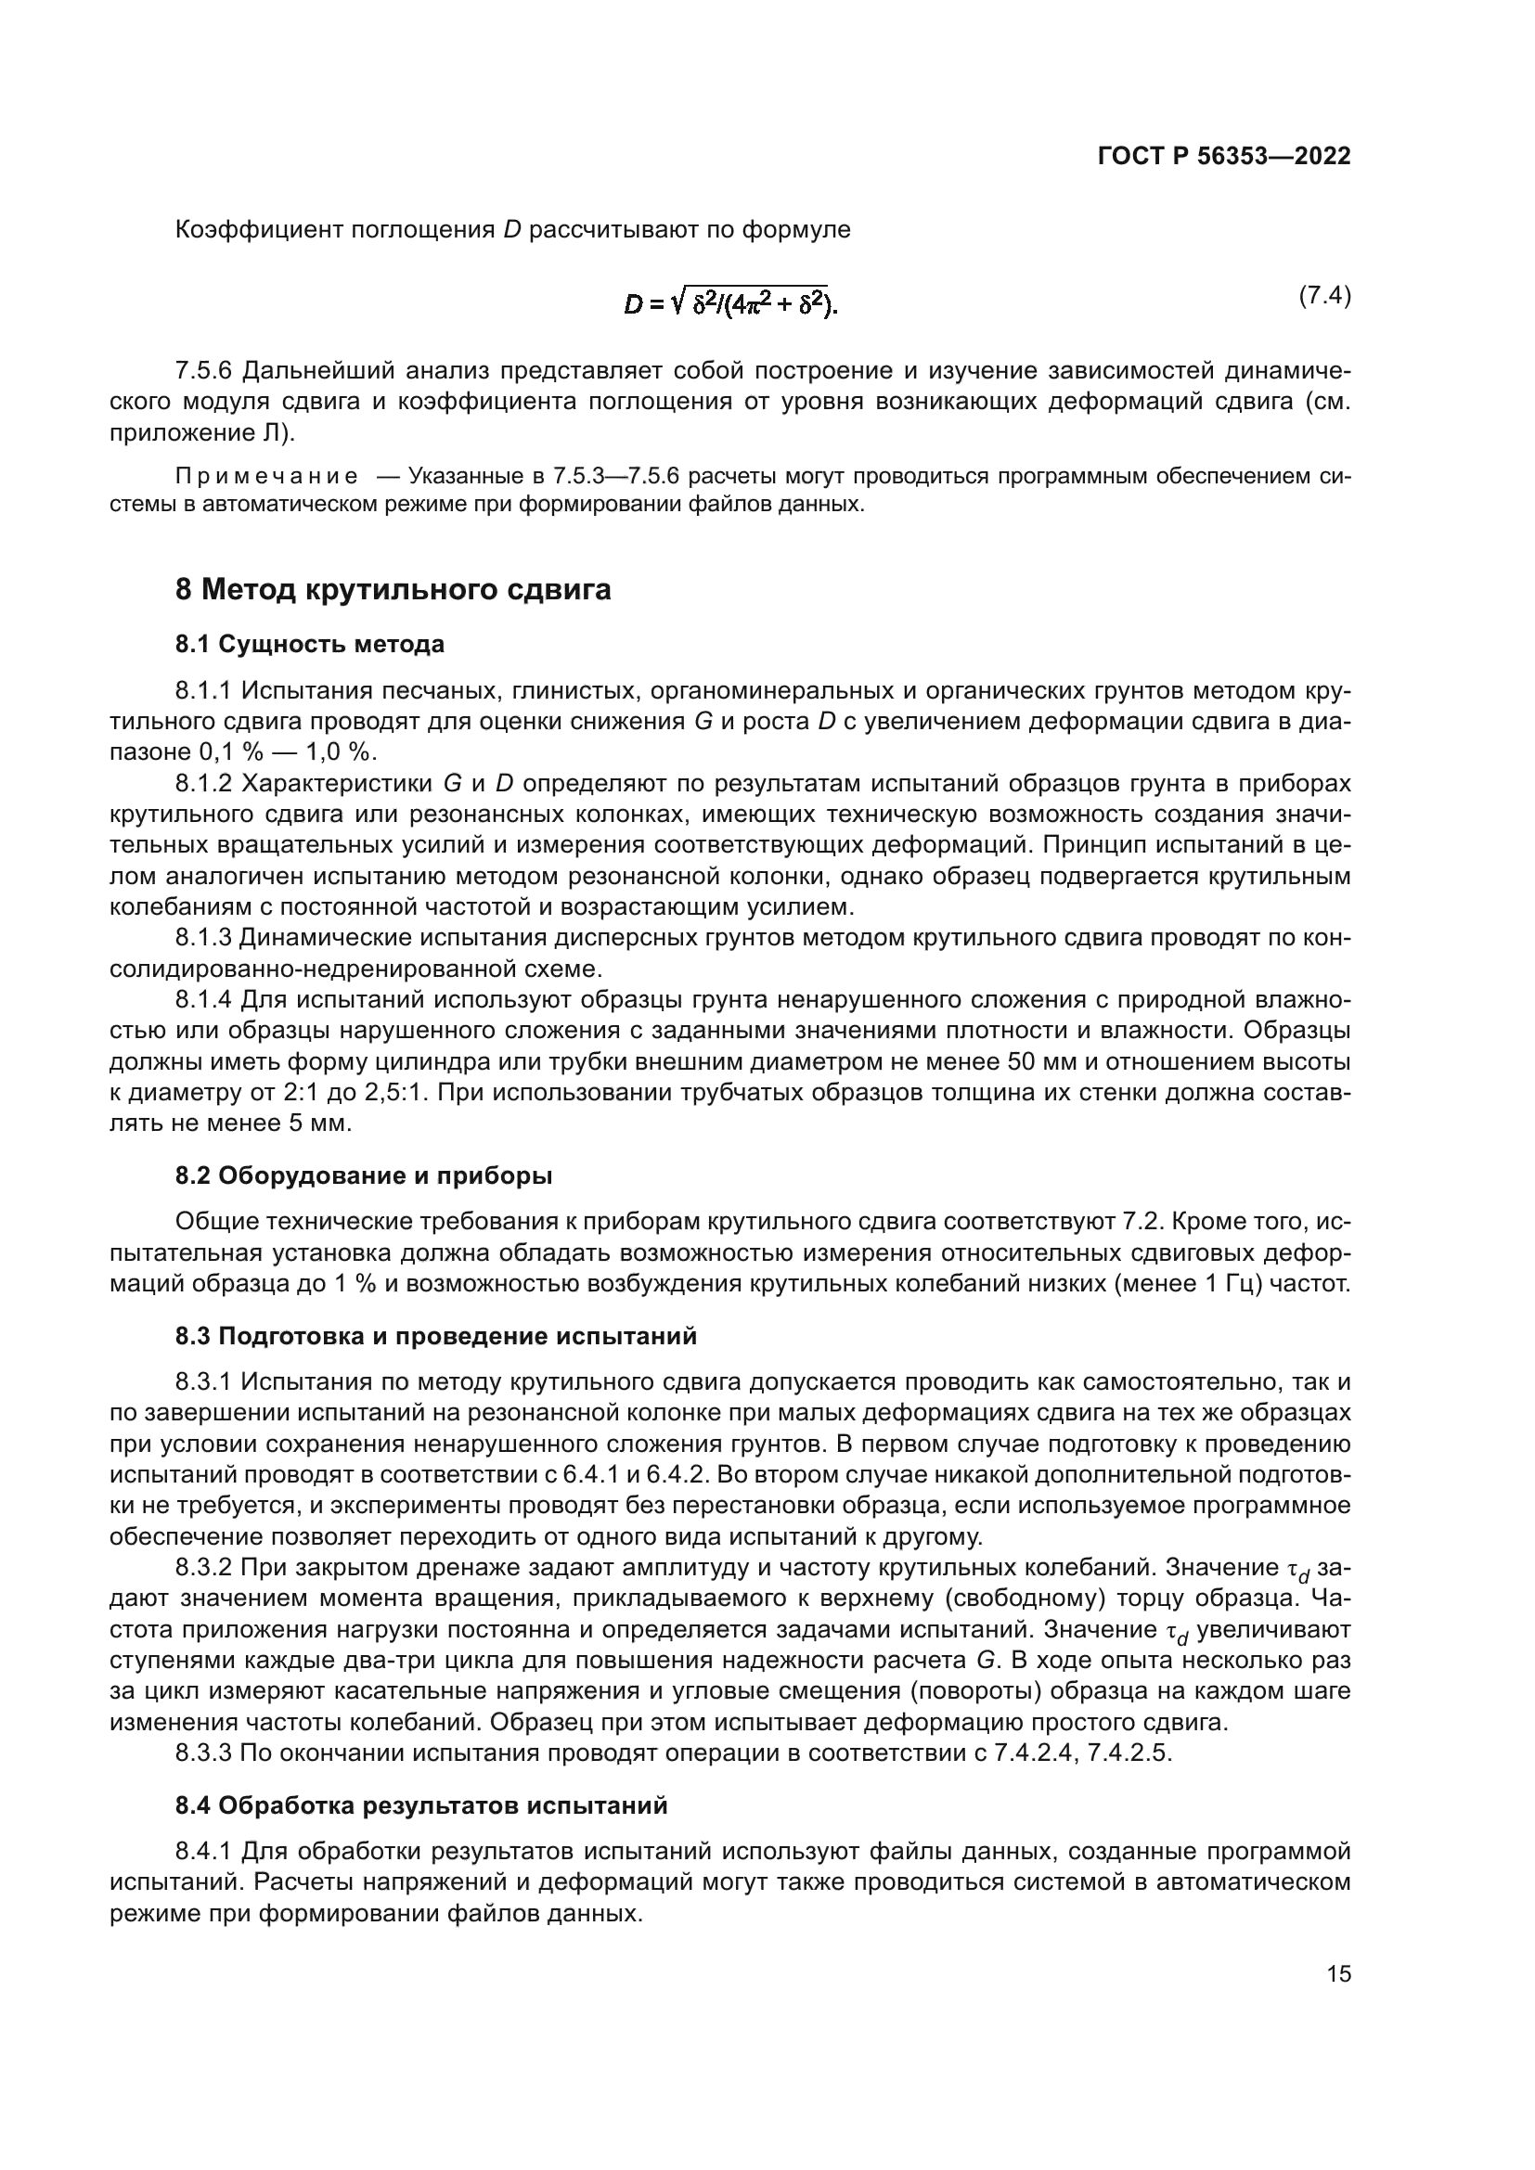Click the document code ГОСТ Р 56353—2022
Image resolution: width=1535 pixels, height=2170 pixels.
point(1223,157)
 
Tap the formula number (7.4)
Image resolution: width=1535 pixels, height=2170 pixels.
point(1323,296)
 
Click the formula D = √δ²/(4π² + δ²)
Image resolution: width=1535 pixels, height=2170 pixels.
point(730,303)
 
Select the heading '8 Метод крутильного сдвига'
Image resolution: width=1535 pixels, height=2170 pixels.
point(393,590)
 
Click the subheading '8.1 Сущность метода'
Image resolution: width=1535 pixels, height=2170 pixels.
point(309,645)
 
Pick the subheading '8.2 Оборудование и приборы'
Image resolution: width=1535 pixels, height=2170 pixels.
point(363,1175)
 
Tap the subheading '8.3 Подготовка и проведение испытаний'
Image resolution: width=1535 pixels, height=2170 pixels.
point(436,1336)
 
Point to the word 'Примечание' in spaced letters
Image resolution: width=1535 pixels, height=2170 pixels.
point(266,476)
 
